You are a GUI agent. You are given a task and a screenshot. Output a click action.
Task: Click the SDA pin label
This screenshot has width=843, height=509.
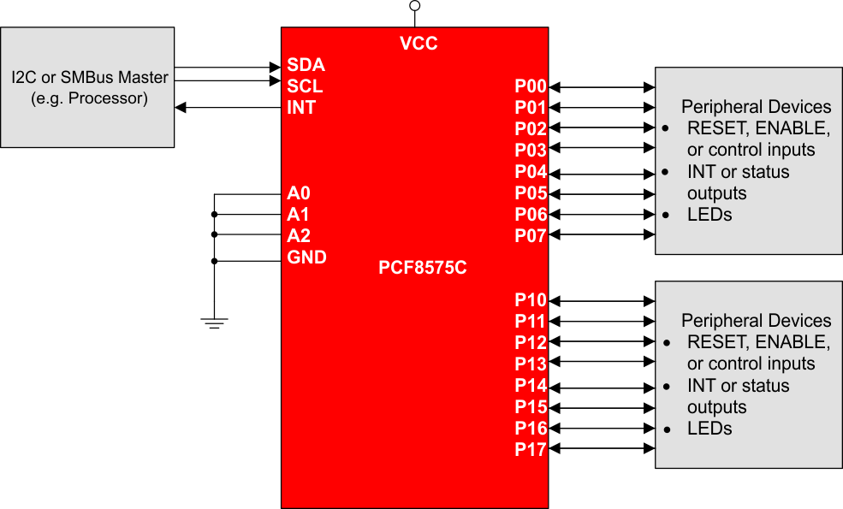pyautogui.click(x=306, y=65)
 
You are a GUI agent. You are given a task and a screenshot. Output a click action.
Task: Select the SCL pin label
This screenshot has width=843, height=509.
pyautogui.click(x=305, y=86)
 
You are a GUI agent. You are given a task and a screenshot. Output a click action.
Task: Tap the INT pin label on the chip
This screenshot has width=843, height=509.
pyautogui.click(x=301, y=108)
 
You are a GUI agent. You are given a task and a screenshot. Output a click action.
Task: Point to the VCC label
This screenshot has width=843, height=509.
pyautogui.click(x=419, y=44)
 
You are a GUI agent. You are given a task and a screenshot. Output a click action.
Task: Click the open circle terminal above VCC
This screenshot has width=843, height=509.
pyautogui.click(x=415, y=6)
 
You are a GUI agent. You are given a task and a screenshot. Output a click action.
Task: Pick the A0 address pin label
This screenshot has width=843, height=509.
pyautogui.click(x=299, y=193)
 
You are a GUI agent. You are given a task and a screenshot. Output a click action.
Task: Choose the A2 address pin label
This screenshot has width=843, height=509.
pyautogui.click(x=299, y=236)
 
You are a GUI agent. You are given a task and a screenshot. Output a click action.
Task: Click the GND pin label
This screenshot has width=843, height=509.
pyautogui.click(x=306, y=257)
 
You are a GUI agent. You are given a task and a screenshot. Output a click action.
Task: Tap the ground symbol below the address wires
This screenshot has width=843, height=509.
pyautogui.click(x=214, y=323)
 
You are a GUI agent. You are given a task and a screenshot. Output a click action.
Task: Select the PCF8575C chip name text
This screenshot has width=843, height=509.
pyautogui.click(x=422, y=268)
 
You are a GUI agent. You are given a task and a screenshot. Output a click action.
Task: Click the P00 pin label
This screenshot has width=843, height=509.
pyautogui.click(x=530, y=86)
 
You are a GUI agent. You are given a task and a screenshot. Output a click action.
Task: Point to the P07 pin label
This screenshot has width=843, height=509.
pyautogui.click(x=530, y=236)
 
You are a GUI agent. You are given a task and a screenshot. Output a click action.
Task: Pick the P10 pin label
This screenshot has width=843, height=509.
pyautogui.click(x=530, y=300)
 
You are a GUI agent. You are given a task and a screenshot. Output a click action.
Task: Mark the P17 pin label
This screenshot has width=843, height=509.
pyautogui.click(x=530, y=450)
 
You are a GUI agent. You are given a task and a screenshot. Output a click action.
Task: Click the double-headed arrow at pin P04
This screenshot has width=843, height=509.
pyautogui.click(x=602, y=172)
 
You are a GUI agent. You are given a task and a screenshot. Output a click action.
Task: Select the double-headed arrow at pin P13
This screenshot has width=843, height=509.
pyautogui.click(x=602, y=364)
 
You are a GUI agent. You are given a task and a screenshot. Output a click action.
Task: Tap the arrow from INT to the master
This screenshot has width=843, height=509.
pyautogui.click(x=228, y=108)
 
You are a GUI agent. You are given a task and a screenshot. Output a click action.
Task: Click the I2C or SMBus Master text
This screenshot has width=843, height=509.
pyautogui.click(x=89, y=78)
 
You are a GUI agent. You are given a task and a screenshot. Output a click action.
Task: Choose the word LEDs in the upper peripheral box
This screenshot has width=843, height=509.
pyautogui.click(x=709, y=215)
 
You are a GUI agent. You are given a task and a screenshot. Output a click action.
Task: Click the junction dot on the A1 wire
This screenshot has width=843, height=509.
pyautogui.click(x=214, y=215)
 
